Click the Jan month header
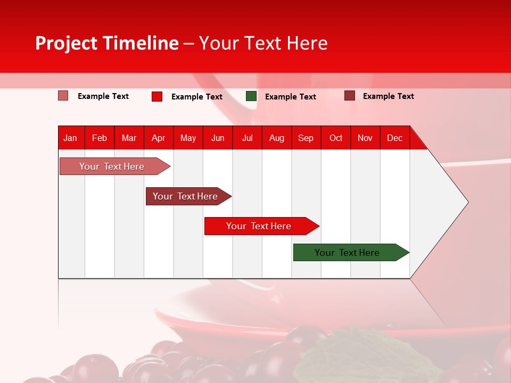click(x=70, y=138)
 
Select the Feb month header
click(x=100, y=138)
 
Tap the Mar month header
click(x=129, y=138)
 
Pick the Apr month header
click(x=159, y=138)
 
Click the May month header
click(x=188, y=138)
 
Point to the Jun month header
click(x=218, y=138)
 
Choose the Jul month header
click(x=247, y=138)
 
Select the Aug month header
click(x=277, y=138)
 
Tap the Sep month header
click(x=306, y=138)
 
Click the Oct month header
click(x=336, y=138)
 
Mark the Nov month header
click(x=365, y=138)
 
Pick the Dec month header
click(x=394, y=138)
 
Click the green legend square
click(x=251, y=96)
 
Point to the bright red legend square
click(x=157, y=96)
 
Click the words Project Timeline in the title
click(x=107, y=43)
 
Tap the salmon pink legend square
click(x=63, y=96)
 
